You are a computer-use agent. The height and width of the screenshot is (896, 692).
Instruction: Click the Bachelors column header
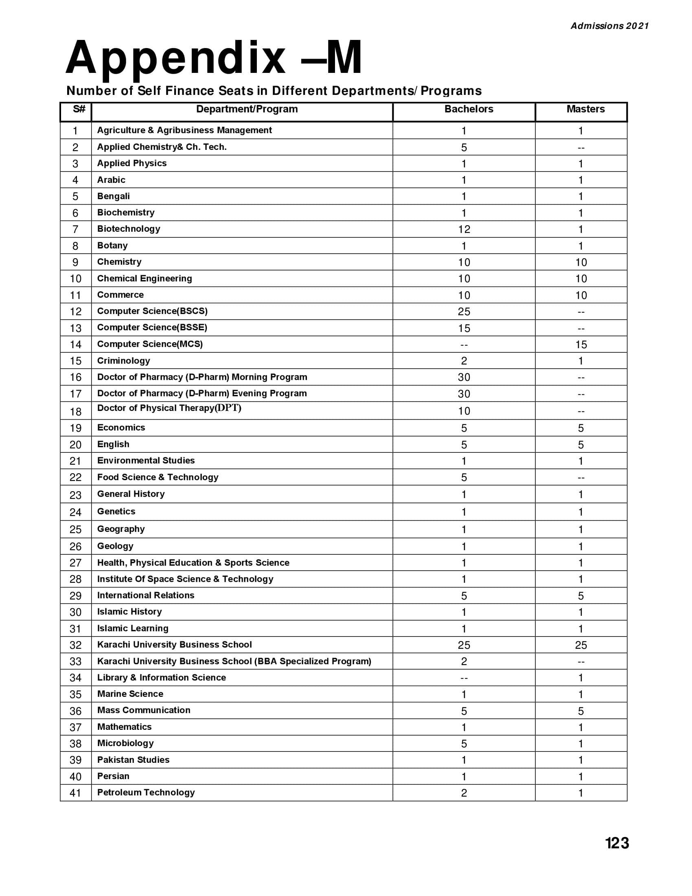(469, 109)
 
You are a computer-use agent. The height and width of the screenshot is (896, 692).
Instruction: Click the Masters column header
(585, 109)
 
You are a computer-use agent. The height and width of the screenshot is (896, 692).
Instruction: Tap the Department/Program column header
(247, 109)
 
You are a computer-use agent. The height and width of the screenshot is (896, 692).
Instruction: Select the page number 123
(617, 843)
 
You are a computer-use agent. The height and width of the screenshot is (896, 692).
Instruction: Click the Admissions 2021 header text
(610, 26)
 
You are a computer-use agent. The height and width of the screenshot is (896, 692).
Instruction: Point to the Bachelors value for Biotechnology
(464, 229)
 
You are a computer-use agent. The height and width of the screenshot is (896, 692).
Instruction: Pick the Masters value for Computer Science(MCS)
(581, 345)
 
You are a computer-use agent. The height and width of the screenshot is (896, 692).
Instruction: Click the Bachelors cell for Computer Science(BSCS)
(464, 312)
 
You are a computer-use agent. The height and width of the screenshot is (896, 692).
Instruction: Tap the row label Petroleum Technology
(146, 793)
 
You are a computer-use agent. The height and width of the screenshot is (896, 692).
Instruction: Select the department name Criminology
(123, 360)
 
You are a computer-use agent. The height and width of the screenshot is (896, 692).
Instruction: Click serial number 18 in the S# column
(75, 411)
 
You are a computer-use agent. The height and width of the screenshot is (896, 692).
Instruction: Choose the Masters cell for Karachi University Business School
(581, 645)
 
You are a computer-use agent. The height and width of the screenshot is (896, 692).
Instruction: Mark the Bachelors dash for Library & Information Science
(464, 678)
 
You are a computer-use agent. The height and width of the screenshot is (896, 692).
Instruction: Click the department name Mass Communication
(143, 710)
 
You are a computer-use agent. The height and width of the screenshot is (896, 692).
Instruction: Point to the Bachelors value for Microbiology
(464, 743)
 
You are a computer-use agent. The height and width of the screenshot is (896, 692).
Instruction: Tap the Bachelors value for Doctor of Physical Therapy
(464, 411)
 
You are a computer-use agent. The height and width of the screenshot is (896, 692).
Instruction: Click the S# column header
(79, 109)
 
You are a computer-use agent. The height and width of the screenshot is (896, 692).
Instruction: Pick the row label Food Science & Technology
(158, 477)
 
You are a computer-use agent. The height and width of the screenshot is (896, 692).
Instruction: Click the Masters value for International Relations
(581, 596)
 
